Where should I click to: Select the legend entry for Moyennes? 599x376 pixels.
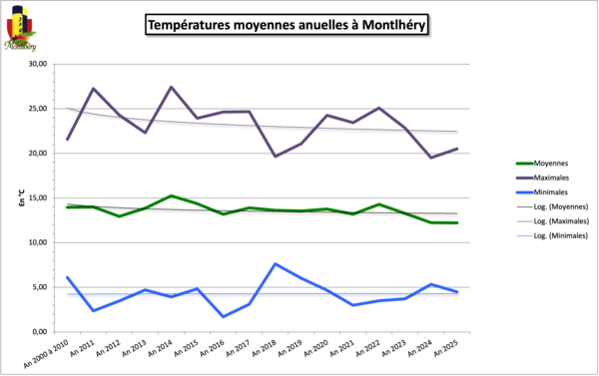pyautogui.click(x=550, y=163)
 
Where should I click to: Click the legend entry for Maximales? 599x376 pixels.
pyautogui.click(x=551, y=181)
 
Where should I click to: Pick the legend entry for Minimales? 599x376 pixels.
pyautogui.click(x=551, y=198)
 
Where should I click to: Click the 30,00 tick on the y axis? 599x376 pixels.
pyautogui.click(x=38, y=65)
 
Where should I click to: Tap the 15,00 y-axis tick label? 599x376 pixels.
pyautogui.click(x=38, y=197)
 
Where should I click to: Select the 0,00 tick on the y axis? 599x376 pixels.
pyautogui.click(x=40, y=331)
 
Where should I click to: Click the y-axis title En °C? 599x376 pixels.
pyautogui.click(x=21, y=198)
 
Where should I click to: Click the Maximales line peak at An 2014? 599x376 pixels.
pyautogui.click(x=171, y=87)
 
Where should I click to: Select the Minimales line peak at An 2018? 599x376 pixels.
pyautogui.click(x=275, y=263)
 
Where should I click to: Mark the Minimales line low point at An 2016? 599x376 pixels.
pyautogui.click(x=223, y=316)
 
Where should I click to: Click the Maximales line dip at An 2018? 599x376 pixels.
pyautogui.click(x=275, y=156)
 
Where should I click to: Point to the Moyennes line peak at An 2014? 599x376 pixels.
pyautogui.click(x=171, y=195)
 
